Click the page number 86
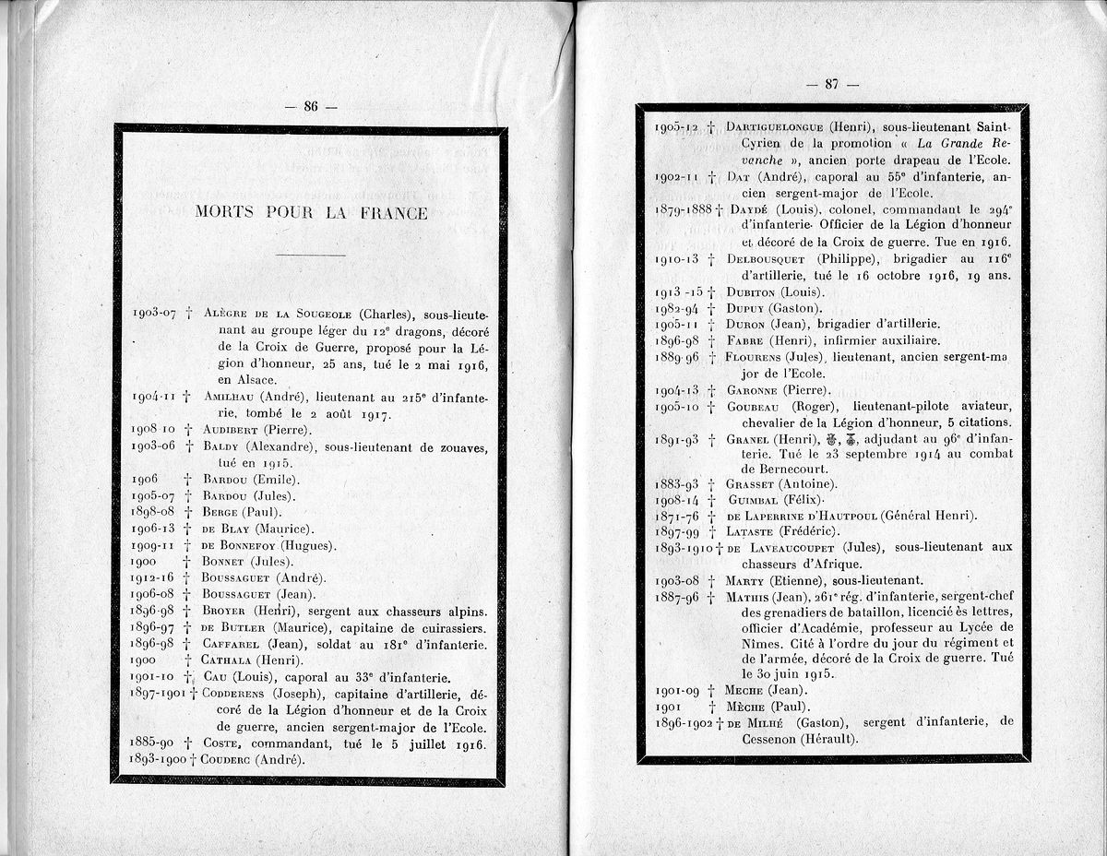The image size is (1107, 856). pos(310,107)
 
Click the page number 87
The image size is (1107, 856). pos(831,84)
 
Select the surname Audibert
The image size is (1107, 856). pos(231,431)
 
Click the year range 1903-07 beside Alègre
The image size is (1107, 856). pos(153,314)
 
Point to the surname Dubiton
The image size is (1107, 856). pos(754,292)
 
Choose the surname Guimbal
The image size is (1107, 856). pos(752,500)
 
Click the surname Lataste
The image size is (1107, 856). pos(752,531)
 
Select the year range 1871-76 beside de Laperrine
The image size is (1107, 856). pos(677,516)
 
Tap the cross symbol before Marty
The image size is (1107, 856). pos(710,581)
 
